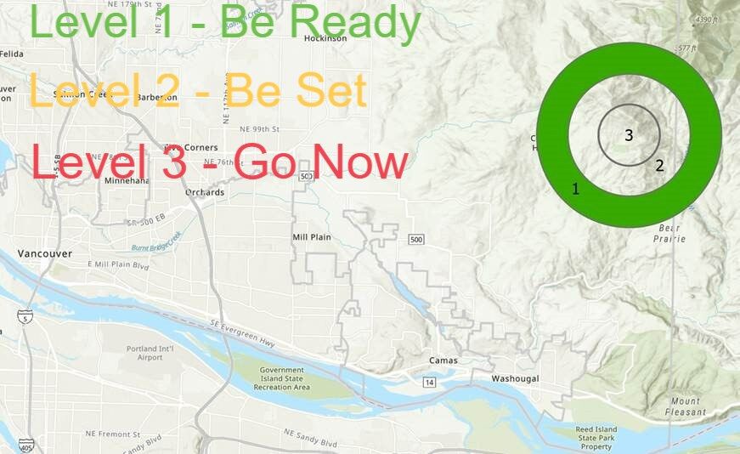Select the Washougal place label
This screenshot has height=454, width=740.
click(x=516, y=378)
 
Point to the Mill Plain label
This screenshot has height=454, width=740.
click(x=311, y=237)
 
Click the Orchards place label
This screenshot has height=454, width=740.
click(x=205, y=192)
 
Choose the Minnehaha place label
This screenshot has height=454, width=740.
click(x=127, y=181)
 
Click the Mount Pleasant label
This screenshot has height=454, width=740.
click(x=686, y=406)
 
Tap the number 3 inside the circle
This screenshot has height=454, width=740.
click(x=629, y=134)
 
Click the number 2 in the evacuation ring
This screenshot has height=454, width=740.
click(x=659, y=165)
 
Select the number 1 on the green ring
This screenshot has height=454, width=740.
click(x=575, y=189)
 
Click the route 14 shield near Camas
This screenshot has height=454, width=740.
click(x=429, y=383)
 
